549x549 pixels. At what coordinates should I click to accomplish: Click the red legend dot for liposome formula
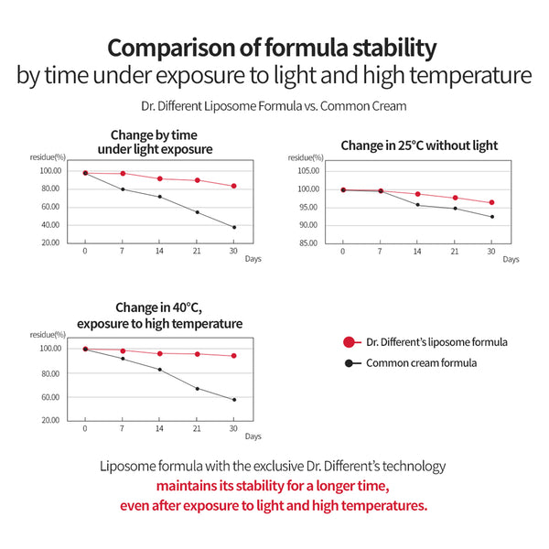pyautogui.click(x=349, y=342)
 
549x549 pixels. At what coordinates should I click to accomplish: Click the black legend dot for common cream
pyautogui.click(x=349, y=363)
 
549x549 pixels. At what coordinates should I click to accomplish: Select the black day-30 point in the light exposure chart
pyautogui.click(x=235, y=227)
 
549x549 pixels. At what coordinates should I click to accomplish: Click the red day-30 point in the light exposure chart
pyautogui.click(x=235, y=186)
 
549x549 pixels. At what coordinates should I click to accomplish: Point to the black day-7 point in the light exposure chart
pyautogui.click(x=123, y=189)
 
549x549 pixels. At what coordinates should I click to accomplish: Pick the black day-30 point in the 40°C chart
pyautogui.click(x=235, y=400)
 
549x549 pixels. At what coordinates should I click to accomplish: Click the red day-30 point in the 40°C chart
pyautogui.click(x=235, y=356)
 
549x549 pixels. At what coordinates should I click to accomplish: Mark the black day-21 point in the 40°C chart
pyautogui.click(x=198, y=389)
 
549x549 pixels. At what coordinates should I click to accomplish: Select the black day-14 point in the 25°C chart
pyautogui.click(x=417, y=205)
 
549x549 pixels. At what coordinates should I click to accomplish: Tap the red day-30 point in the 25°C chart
pyautogui.click(x=492, y=203)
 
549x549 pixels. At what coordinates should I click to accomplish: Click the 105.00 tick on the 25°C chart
pyautogui.click(x=308, y=170)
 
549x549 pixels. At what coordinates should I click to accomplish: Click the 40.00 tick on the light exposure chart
pyautogui.click(x=51, y=225)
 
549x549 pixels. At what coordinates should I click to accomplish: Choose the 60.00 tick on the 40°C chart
pyautogui.click(x=51, y=397)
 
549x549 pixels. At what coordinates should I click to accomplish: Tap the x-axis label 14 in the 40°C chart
pyautogui.click(x=160, y=428)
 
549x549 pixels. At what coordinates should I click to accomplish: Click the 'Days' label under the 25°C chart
pyautogui.click(x=510, y=259)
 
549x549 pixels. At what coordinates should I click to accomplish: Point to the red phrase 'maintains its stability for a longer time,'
pyautogui.click(x=274, y=485)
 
